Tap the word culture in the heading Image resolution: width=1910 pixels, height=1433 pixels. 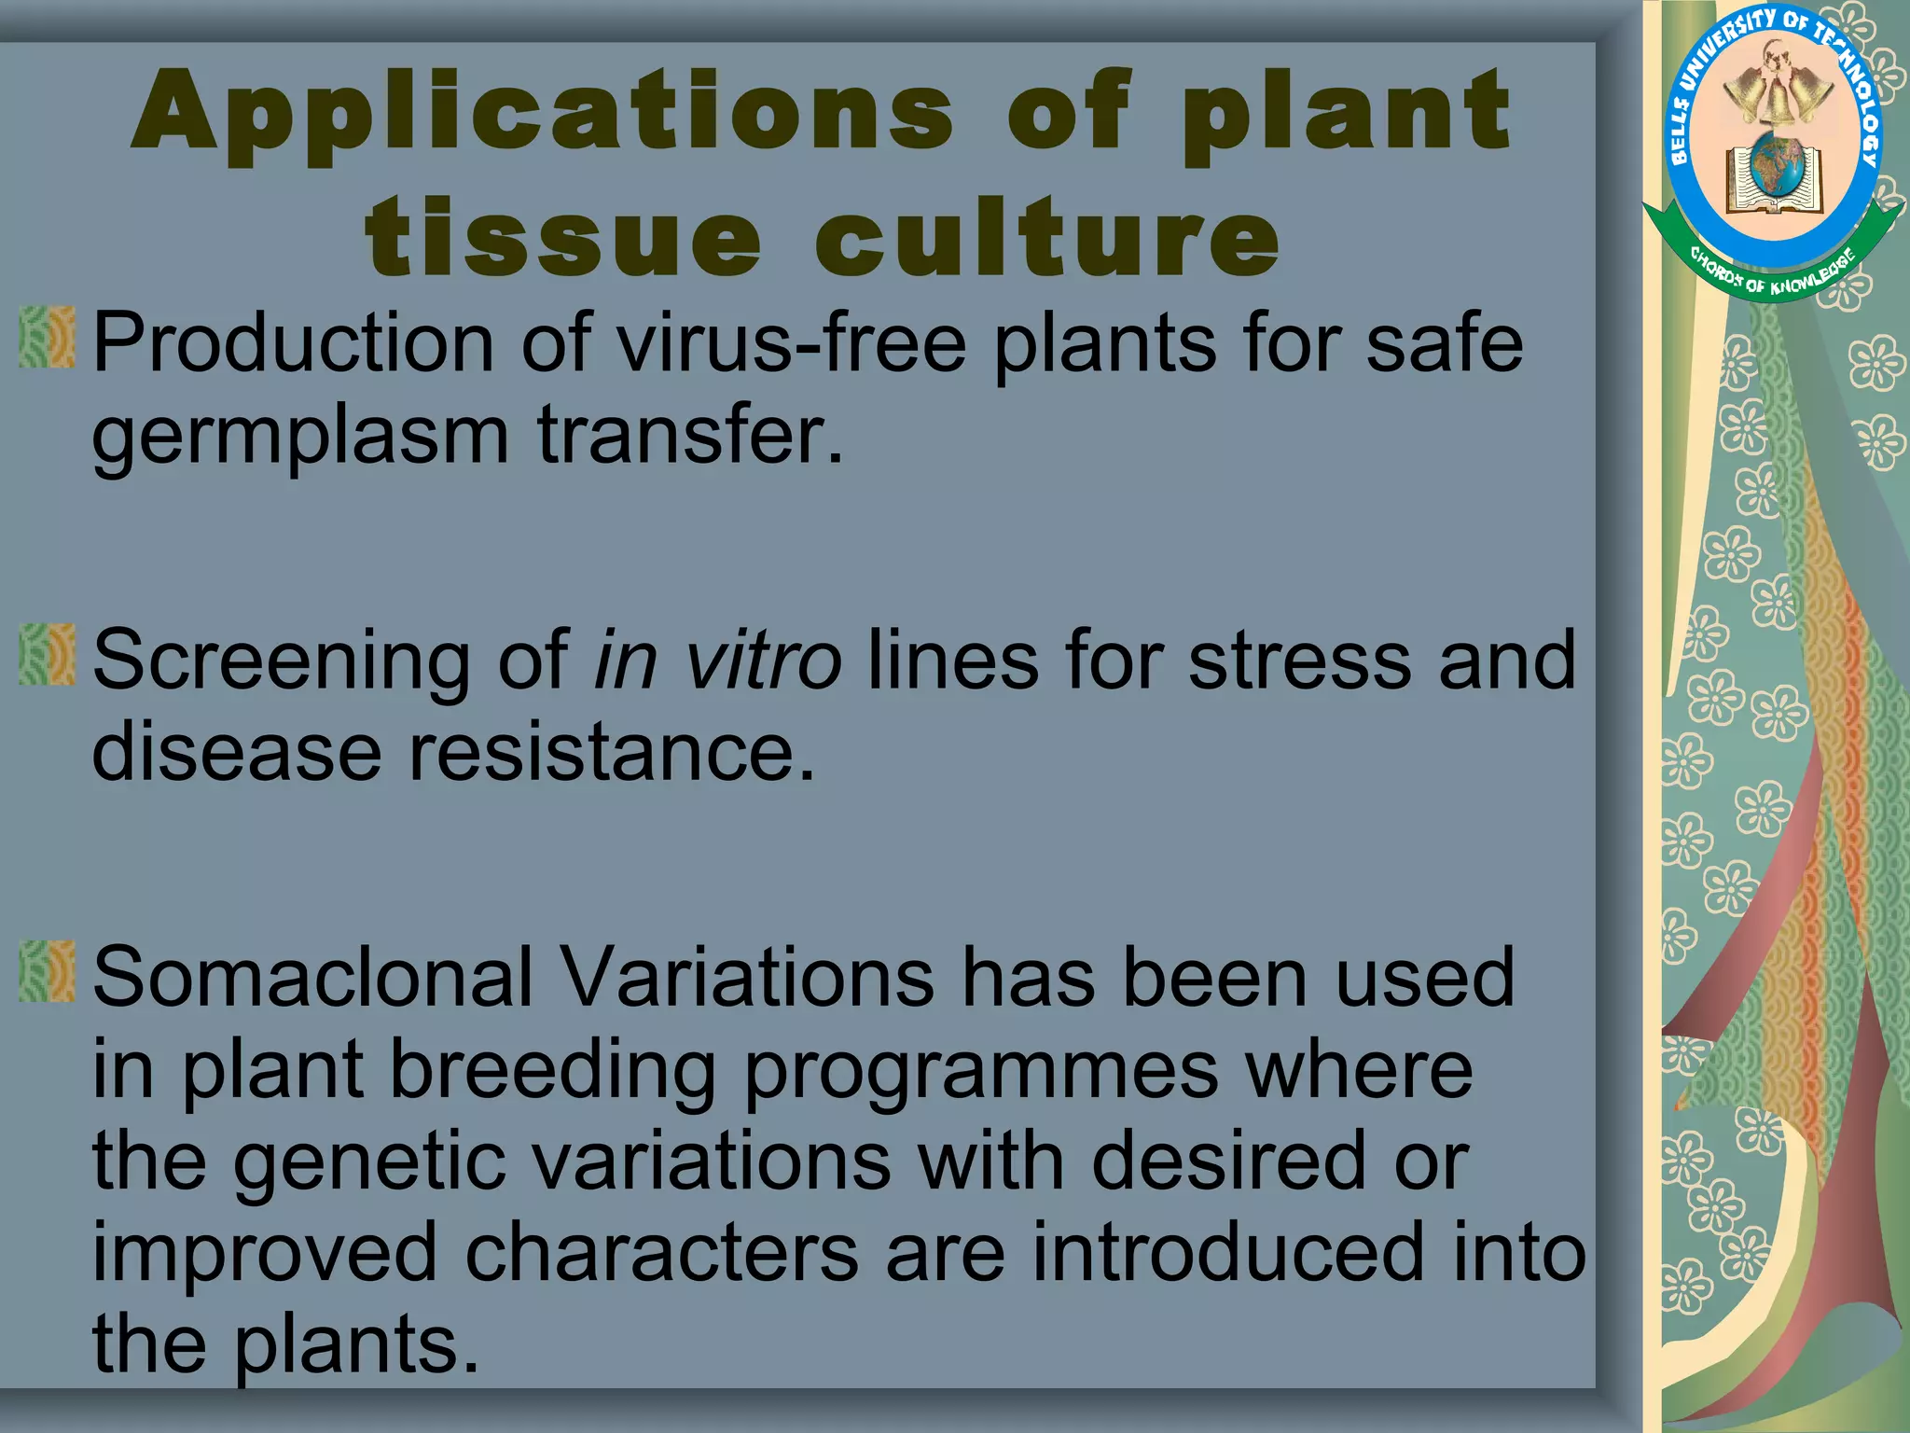point(1047,238)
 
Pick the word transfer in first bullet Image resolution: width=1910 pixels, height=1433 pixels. point(689,435)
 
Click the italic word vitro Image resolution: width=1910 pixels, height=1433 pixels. point(763,661)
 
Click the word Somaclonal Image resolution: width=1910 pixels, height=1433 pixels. point(312,978)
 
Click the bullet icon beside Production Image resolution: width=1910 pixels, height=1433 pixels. point(48,337)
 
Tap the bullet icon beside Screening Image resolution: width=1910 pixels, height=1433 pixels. point(48,655)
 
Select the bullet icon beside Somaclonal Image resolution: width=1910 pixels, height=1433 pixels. point(48,972)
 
